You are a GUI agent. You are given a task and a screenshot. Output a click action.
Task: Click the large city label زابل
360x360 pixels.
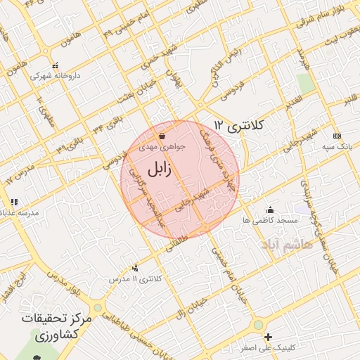pos(163,170)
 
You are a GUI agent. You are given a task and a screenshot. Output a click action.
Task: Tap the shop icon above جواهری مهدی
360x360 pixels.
pos(162,136)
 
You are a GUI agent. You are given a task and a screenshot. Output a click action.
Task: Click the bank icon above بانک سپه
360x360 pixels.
pos(337,135)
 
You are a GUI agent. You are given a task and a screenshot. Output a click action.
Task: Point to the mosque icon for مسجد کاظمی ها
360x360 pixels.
pos(270,210)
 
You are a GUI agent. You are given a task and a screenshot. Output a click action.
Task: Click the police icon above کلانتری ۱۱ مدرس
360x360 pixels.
pos(136,268)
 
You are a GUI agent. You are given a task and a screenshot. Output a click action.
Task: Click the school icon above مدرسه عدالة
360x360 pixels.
pos(14,202)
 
